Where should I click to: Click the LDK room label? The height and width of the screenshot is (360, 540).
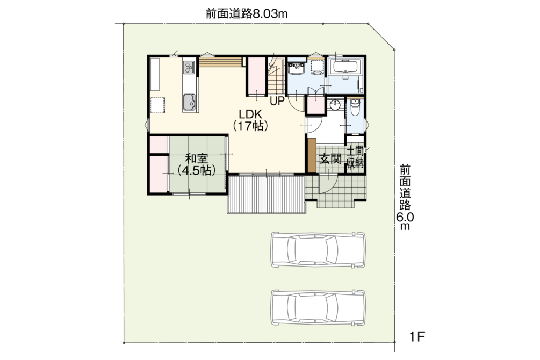tap(251, 120)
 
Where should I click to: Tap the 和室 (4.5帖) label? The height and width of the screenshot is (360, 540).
tap(196, 164)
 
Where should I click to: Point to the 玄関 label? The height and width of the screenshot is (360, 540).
tap(330, 159)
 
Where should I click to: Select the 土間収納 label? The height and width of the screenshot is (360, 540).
tap(355, 156)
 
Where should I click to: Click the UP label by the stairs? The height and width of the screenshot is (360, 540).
tap(277, 101)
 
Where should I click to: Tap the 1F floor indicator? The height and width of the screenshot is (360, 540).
tap(417, 336)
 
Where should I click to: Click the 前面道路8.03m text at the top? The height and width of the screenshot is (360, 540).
tap(247, 14)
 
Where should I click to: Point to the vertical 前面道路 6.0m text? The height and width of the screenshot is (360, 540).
tap(405, 197)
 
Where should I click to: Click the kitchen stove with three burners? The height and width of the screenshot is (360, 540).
tap(189, 67)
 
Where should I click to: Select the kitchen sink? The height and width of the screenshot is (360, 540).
tap(189, 102)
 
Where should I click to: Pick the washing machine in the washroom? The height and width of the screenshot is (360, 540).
tap(316, 67)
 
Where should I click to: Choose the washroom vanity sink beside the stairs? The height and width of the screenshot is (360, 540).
tap(296, 68)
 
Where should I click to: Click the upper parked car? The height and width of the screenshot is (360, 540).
tap(318, 250)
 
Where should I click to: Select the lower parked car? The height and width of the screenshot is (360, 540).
tap(318, 307)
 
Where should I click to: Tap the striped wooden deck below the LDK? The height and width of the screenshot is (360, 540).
tap(267, 195)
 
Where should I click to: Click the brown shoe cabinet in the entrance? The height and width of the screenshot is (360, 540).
tap(312, 155)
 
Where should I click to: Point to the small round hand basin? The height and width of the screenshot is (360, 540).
tap(335, 105)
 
